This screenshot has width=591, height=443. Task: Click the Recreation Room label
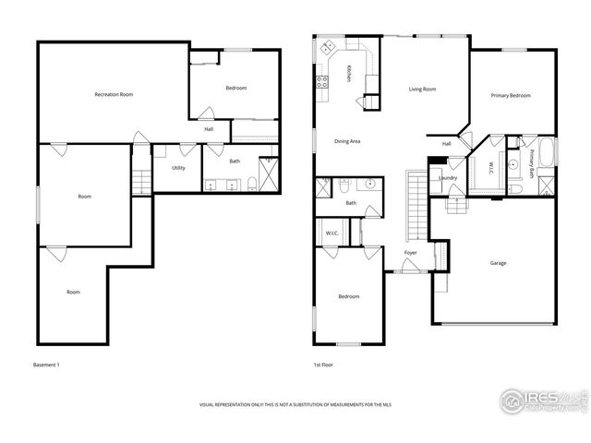coord(114,94)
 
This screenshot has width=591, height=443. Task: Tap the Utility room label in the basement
coord(178,168)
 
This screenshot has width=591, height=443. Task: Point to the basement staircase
coord(141,181)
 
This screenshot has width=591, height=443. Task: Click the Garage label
coord(497,263)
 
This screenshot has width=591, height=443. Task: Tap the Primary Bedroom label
coord(510,95)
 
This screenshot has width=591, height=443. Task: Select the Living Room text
coord(423,90)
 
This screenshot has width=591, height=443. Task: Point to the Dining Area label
coord(347,141)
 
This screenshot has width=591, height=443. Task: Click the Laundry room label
coord(449,177)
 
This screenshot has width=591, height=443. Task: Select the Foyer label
coord(411,253)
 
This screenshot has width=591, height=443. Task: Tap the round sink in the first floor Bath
coord(368,183)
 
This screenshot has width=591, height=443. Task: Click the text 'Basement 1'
coord(45,365)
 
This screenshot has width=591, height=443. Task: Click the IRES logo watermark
coord(541,400)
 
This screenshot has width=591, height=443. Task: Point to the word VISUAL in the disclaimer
coord(213,405)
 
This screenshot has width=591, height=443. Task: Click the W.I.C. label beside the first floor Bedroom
coord(332,233)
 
